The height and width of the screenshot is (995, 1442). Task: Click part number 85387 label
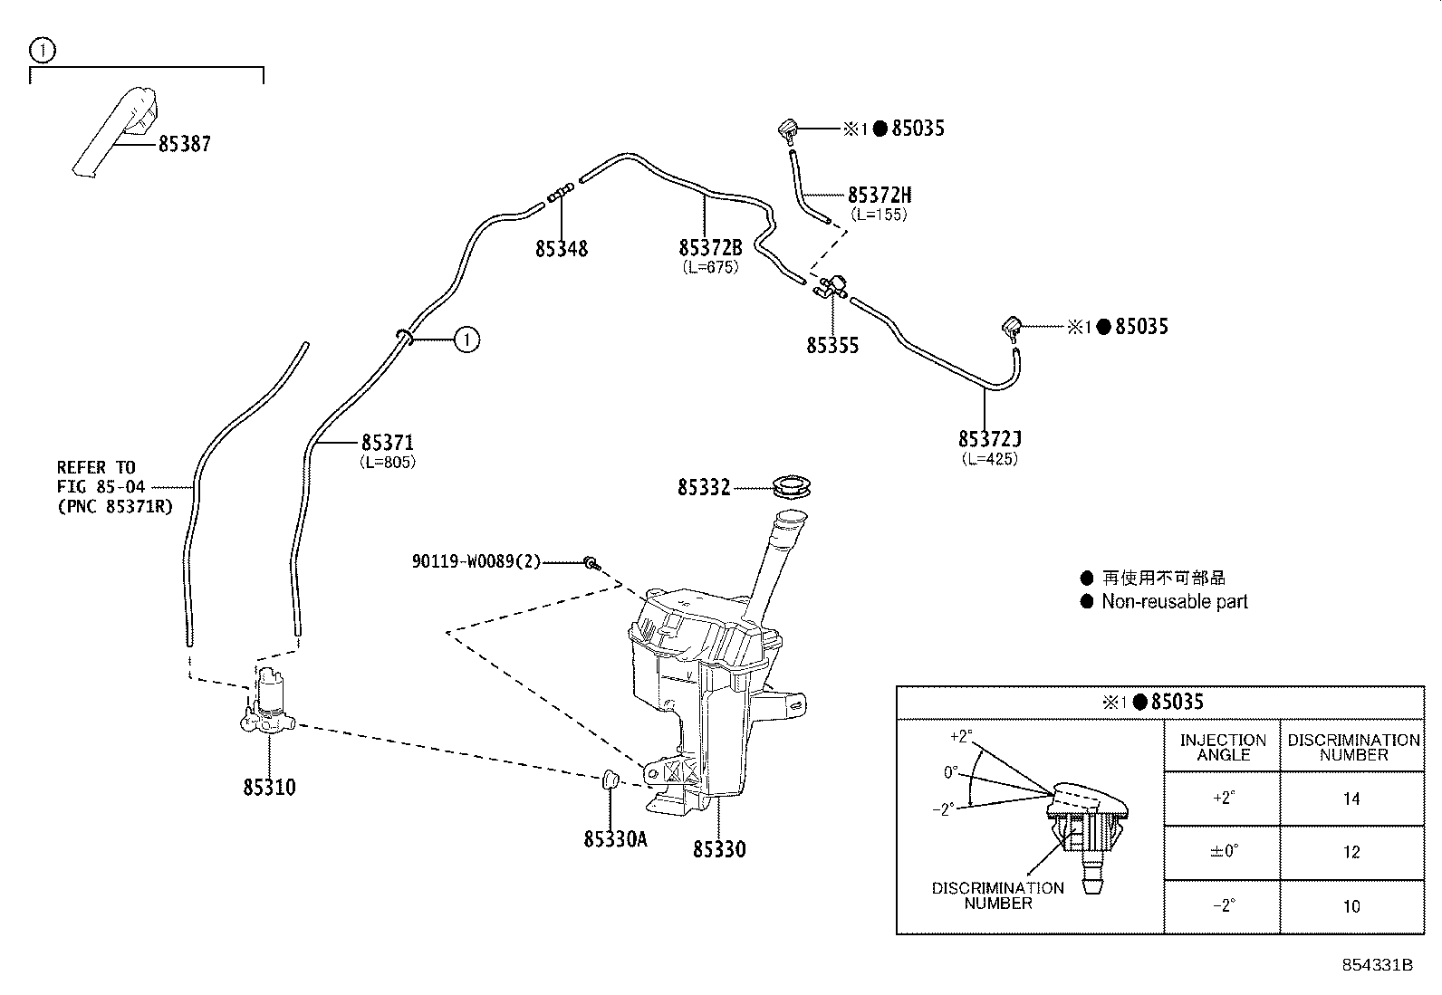pos(184,144)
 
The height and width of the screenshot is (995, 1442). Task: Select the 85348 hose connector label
pos(561,249)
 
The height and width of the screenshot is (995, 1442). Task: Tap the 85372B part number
pos(710,248)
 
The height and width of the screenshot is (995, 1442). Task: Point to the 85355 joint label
pos(832,346)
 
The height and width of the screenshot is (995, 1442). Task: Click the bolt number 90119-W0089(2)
pos(476,562)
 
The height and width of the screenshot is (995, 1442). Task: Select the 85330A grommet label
pos(615,839)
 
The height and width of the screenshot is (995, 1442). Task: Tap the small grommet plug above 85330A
pos(610,779)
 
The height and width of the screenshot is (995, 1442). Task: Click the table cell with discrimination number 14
pos(1351,799)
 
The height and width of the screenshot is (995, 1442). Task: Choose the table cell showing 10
pos(1351,906)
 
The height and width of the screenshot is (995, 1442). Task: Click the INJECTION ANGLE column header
pos(1222,747)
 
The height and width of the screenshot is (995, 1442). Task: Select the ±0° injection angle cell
pos(1222,852)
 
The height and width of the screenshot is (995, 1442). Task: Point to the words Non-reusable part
pos(1174,602)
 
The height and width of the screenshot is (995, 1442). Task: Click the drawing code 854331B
pos(1377,965)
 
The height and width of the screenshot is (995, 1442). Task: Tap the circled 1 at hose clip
pos(466,340)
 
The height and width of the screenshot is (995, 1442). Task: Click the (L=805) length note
pos(388,463)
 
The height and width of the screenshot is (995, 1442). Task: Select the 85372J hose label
pos(989,439)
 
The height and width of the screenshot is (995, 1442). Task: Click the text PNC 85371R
pos(114,508)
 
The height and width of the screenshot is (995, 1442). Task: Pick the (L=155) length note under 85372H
pos(879,215)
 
